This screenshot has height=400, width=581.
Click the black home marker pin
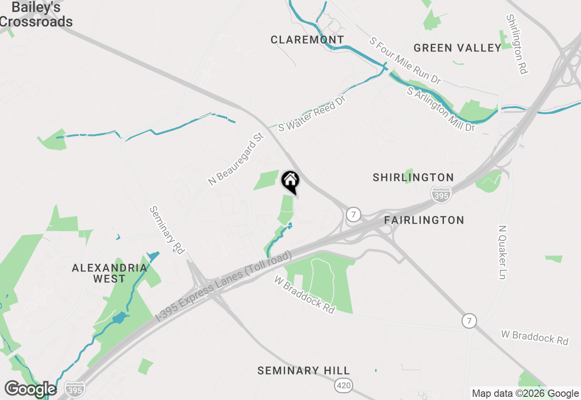tap(290, 181)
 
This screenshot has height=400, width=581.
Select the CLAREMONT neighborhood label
tap(307, 40)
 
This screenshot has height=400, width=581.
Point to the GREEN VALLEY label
tap(458, 48)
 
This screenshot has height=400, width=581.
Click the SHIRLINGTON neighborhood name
tap(413, 177)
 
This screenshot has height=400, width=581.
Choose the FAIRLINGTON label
tap(424, 220)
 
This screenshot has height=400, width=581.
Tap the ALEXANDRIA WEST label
tap(109, 273)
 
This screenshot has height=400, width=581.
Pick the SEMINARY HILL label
tap(304, 371)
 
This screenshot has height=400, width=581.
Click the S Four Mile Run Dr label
tap(405, 61)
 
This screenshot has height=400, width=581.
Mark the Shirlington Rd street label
tap(517, 44)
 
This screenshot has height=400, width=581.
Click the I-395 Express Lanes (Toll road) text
tap(223, 287)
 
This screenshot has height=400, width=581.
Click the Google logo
tap(30, 390)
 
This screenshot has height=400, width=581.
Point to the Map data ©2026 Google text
tap(525, 394)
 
